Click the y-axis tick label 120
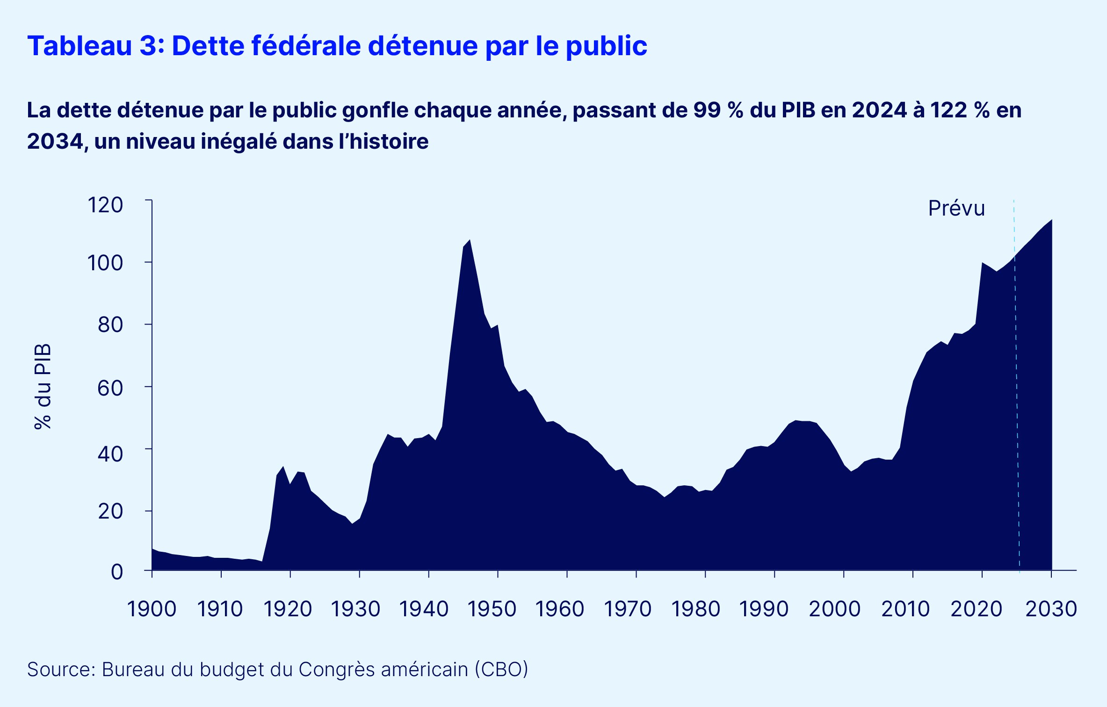coord(105,205)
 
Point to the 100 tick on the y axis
coord(105,263)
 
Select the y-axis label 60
coord(110,388)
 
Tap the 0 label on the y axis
coord(117,572)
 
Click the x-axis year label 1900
coord(152,609)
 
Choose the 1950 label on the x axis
coord(492,609)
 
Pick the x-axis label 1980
coord(696,609)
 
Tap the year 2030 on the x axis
coord(1051,609)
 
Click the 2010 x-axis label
coord(905,609)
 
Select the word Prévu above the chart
coord(956,209)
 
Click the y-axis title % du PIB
coord(43,387)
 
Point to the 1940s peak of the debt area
coord(470,240)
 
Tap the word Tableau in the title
coord(80,46)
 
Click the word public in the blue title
coord(607,46)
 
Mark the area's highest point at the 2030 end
coord(1051,220)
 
